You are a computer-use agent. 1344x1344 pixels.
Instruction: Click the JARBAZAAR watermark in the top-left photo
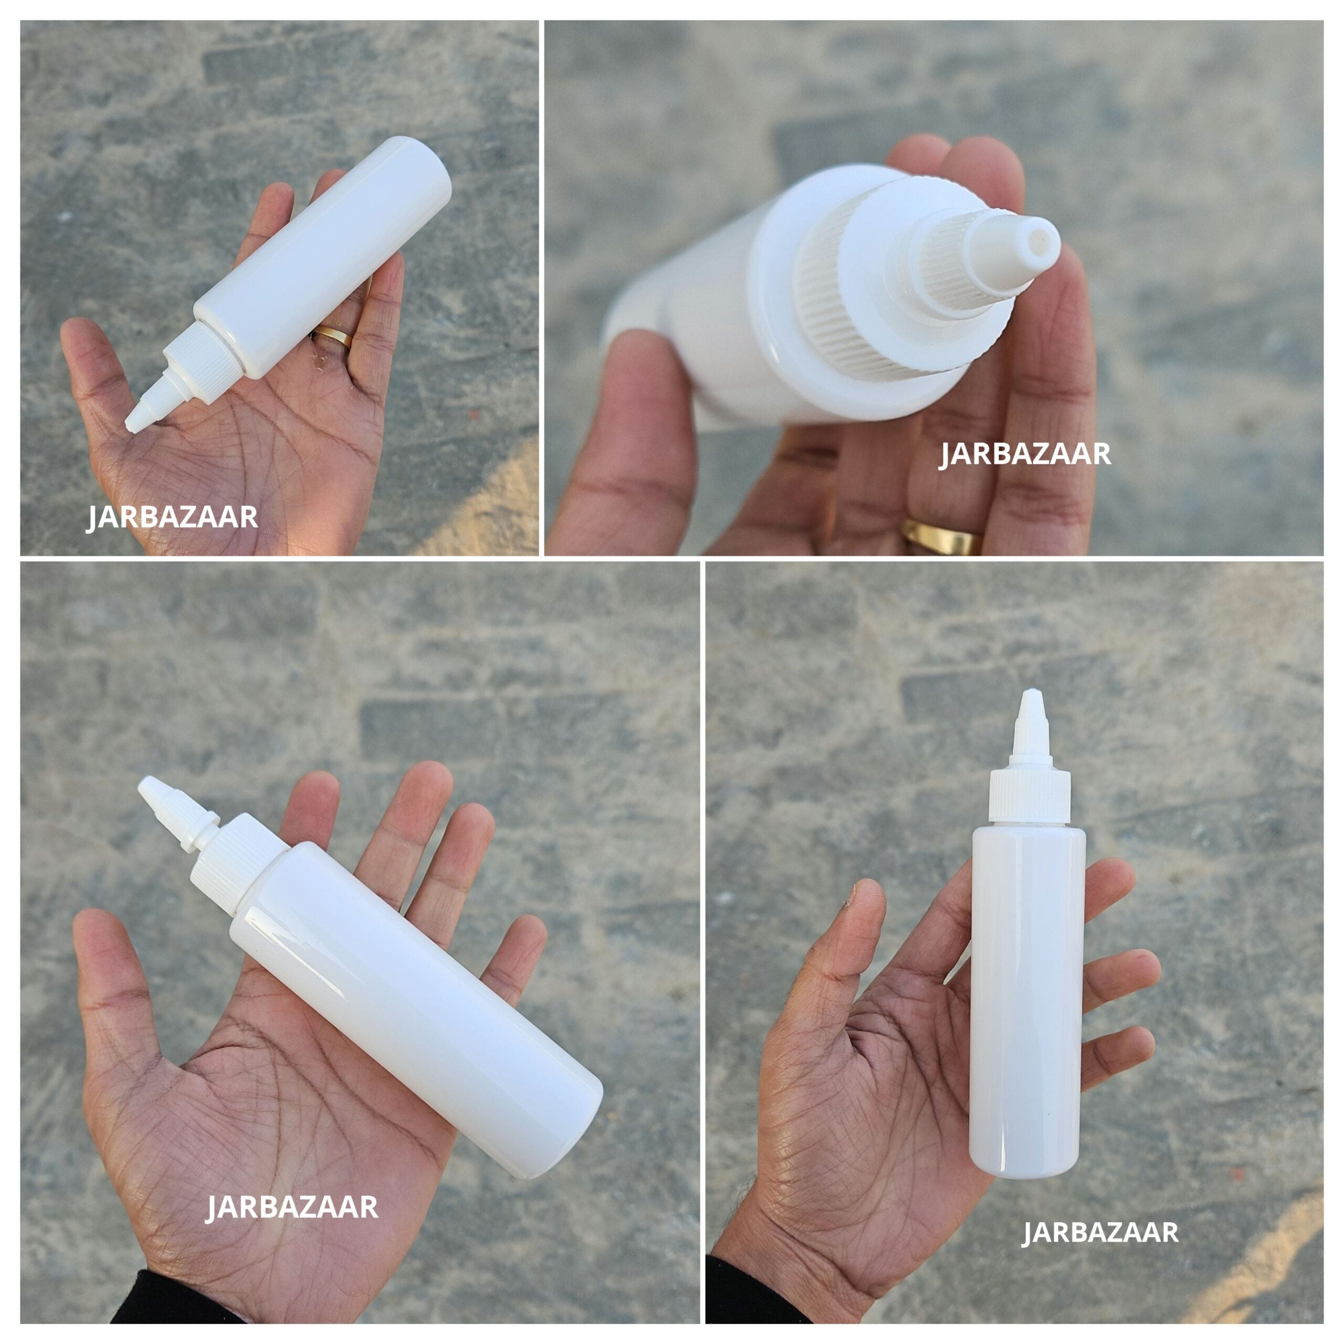172,518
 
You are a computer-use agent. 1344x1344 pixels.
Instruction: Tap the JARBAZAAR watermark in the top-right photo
1025,454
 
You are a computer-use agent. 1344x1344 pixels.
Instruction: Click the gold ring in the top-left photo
332,337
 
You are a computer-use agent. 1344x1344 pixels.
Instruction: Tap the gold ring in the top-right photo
942,535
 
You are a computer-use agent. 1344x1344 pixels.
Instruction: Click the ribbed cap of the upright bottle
1030,796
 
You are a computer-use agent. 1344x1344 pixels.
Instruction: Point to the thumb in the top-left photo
94,369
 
